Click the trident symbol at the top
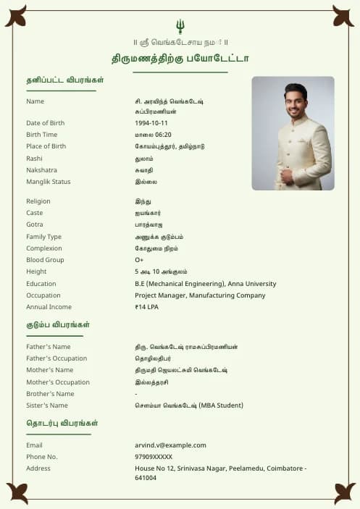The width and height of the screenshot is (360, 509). tap(180, 27)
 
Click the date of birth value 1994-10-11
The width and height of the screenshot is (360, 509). tap(151, 123)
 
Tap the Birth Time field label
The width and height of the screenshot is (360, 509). tap(41, 135)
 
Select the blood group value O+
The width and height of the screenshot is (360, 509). tap(139, 260)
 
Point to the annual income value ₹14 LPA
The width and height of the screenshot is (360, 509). tap(146, 307)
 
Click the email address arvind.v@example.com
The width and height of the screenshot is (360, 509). tap(170, 445)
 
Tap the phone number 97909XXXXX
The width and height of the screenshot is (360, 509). tap(154, 457)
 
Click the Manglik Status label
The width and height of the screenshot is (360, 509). tap(49, 182)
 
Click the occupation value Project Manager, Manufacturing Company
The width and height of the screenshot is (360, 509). tap(200, 295)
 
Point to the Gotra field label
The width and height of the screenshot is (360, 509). tap(35, 224)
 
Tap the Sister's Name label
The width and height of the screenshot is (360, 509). tap(47, 405)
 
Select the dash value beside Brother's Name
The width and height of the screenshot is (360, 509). tap(136, 394)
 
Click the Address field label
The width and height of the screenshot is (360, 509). tap(38, 468)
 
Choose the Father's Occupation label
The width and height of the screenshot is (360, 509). tap(56, 358)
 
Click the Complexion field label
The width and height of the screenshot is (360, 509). tap(43, 248)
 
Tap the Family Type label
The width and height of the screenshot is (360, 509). tap(44, 237)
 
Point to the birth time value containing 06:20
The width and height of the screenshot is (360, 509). tap(153, 135)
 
